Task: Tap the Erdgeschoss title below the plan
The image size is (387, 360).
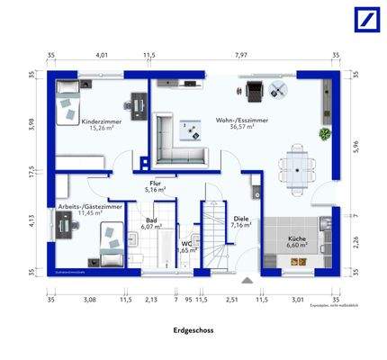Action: click(x=193, y=330)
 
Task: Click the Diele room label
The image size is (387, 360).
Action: click(x=240, y=219)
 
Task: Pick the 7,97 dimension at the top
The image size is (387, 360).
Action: click(x=241, y=56)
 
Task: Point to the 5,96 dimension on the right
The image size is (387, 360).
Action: click(x=355, y=147)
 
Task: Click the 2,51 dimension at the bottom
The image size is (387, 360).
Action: click(x=231, y=300)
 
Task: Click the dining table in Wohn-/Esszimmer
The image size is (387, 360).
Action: click(x=297, y=165)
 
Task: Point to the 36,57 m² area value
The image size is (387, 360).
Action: click(x=240, y=127)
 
